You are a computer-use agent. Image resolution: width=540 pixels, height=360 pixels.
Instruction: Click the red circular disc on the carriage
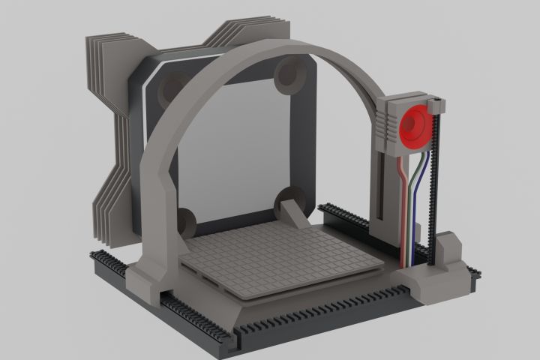[x=414, y=126]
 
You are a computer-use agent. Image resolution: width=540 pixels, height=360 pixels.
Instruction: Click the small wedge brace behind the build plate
[x=294, y=215]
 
